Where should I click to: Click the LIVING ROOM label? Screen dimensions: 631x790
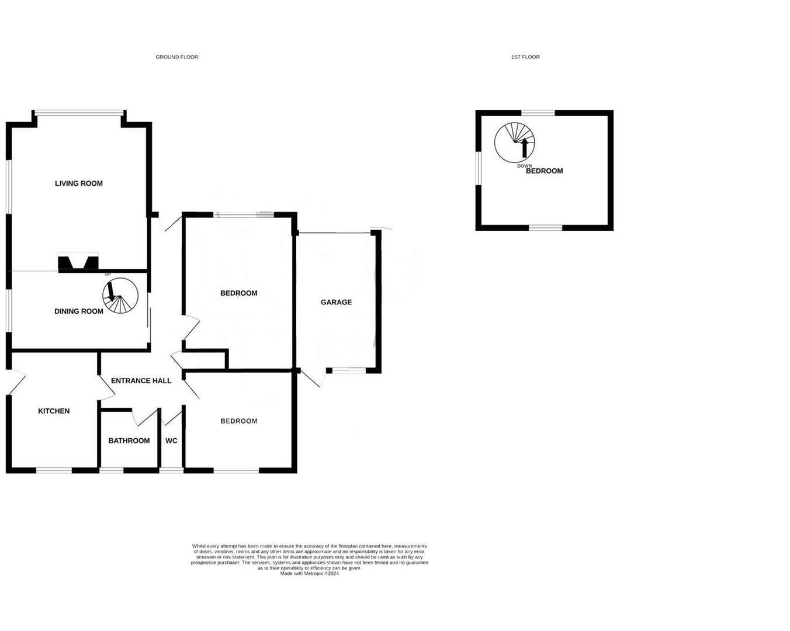pos(79,183)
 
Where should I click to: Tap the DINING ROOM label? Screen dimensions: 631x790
pos(79,311)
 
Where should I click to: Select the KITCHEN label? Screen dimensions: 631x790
pos(54,411)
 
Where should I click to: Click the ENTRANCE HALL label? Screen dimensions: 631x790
pos(141,381)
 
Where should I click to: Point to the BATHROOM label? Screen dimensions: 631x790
pos(129,441)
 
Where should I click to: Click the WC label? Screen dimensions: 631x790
pos(171,441)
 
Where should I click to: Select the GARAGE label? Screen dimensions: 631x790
pos(336,303)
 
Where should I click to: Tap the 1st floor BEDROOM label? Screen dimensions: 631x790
pos(545,171)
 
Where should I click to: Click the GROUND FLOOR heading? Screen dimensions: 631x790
pos(176,57)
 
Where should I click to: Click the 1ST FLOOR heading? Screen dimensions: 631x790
pos(525,57)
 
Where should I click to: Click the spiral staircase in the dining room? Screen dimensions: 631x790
pos(120,296)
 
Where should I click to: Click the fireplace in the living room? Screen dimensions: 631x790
pos(78,263)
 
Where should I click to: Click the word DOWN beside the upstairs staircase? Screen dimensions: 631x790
pos(524,166)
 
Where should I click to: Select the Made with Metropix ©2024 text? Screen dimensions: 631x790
pos(309,574)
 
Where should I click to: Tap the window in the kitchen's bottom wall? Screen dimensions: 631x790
pos(54,470)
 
